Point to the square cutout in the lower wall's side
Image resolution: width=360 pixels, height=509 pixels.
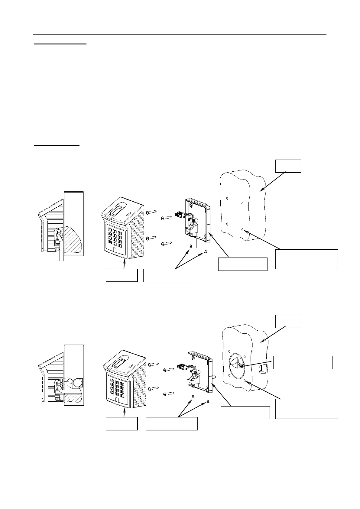point(263,368)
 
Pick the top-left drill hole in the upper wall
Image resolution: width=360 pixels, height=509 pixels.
point(227,199)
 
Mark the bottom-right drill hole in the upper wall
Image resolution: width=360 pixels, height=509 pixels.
point(243,230)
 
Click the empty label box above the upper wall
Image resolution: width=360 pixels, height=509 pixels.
point(288,166)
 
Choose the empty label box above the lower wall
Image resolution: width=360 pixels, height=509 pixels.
point(288,321)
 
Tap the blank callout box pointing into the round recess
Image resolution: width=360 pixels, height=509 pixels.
point(303,362)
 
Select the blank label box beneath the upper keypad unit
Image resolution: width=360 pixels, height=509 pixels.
point(122,275)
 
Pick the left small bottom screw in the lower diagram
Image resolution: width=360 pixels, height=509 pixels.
point(193,396)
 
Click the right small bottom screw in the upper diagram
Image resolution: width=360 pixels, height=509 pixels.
point(206,251)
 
